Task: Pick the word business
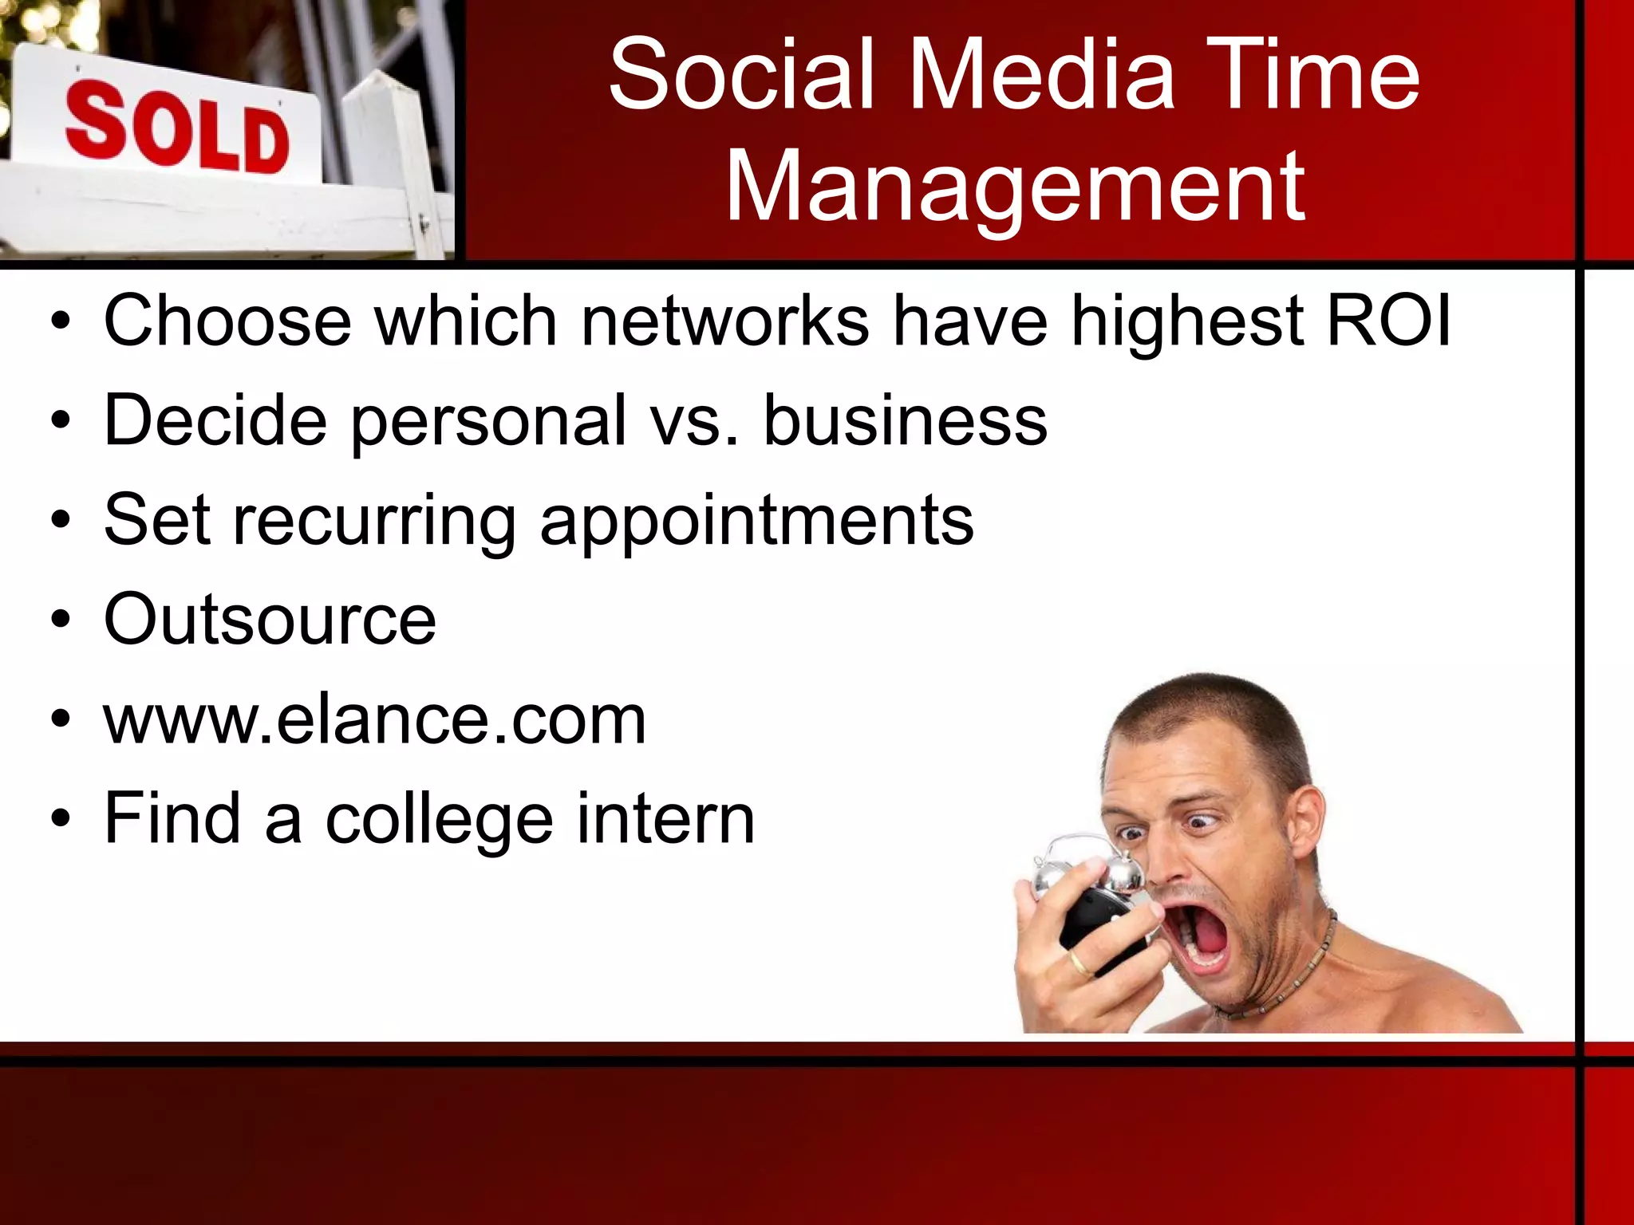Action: click(x=906, y=420)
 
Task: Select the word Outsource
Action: click(x=270, y=620)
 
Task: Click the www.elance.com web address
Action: click(x=374, y=720)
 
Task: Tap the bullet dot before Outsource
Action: click(x=61, y=620)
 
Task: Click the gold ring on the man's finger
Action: click(x=1078, y=963)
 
